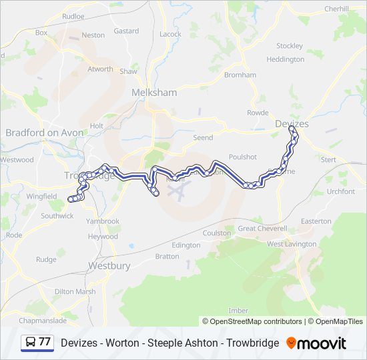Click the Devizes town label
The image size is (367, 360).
pos(292,124)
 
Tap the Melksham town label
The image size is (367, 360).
pos(154,93)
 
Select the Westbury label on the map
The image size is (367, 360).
pos(109,265)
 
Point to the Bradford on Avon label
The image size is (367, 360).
pos(45,133)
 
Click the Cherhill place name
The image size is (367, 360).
pos(336,9)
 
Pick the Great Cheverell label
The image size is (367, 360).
pos(262,228)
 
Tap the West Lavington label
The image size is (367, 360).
pos(292,244)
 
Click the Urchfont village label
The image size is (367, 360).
pos(341,191)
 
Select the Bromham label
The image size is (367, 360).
pos(240,75)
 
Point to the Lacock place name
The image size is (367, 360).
pos(170,34)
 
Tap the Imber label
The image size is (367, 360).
pos(238,311)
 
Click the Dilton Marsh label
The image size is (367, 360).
pos(75,291)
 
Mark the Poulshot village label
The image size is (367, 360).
pos(242,157)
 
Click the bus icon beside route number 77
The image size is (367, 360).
pos(30,342)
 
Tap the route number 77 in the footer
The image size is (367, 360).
pos(44,342)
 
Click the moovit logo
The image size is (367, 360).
pos(316,343)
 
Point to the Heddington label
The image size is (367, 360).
pos(285,59)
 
